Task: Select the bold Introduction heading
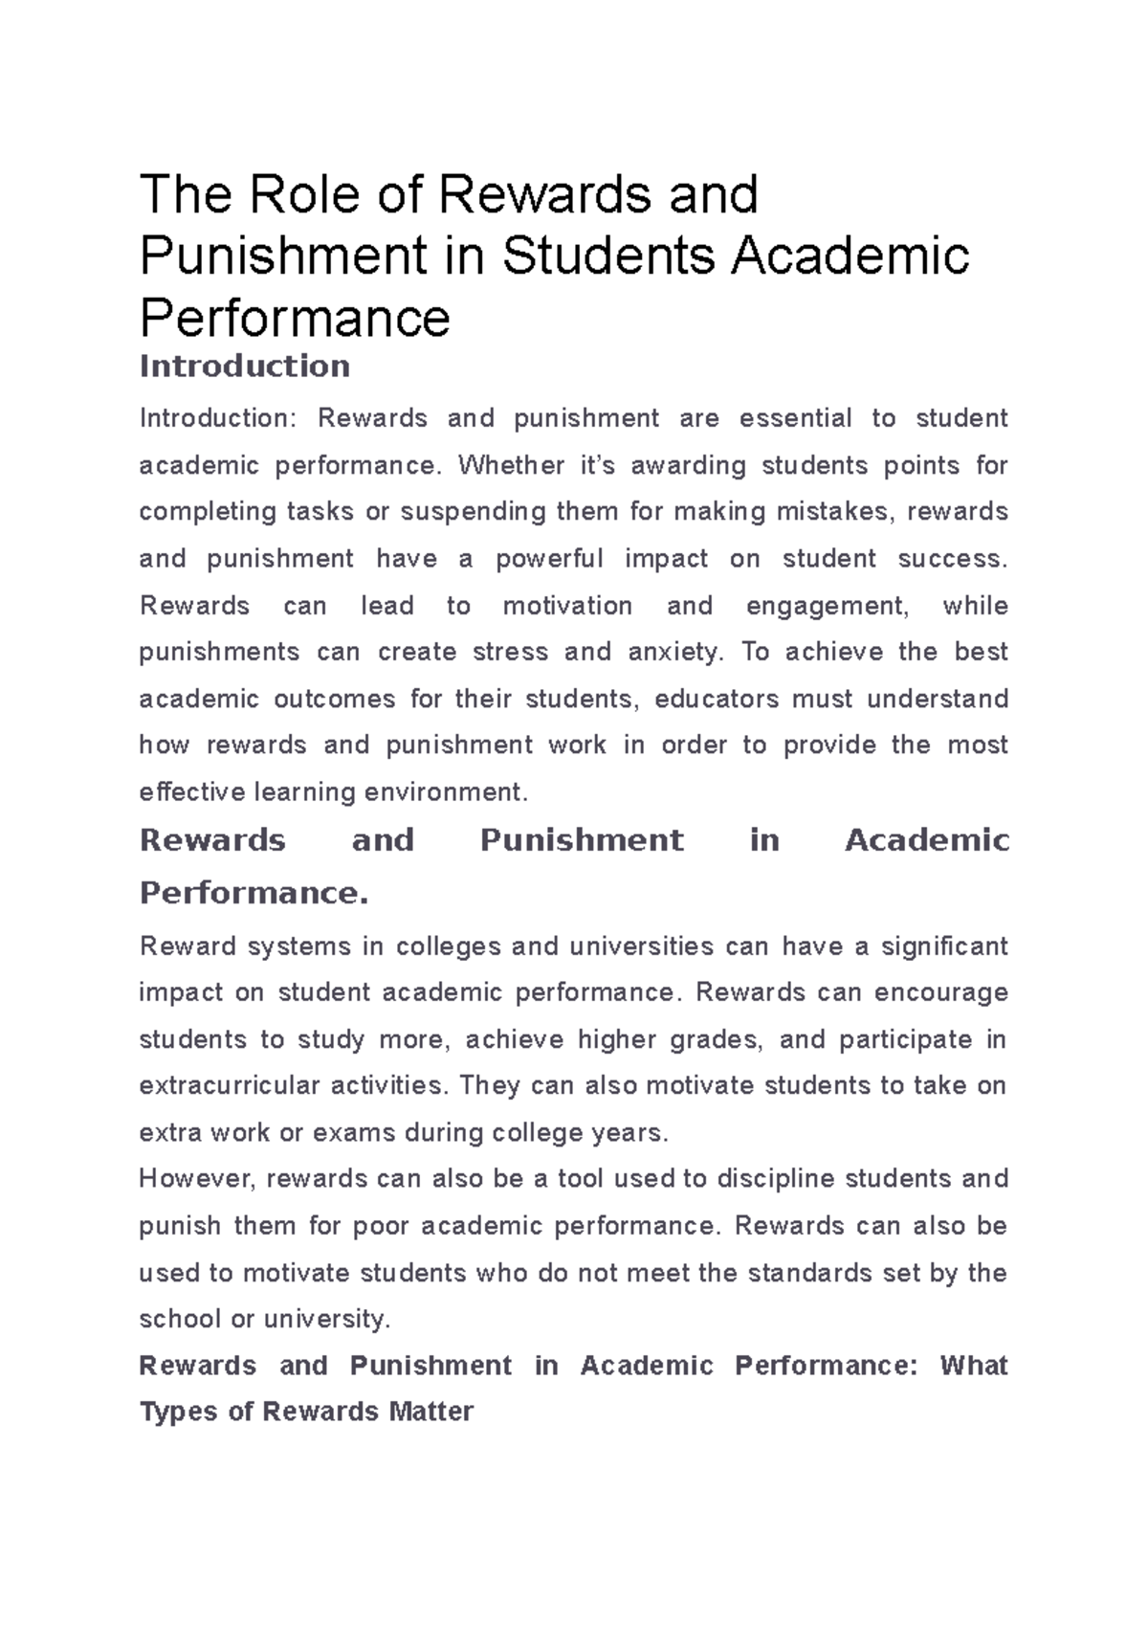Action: [245, 366]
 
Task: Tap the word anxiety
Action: [674, 653]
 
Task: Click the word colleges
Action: [450, 946]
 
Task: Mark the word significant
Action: [944, 946]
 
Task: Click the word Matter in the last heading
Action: [431, 1412]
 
